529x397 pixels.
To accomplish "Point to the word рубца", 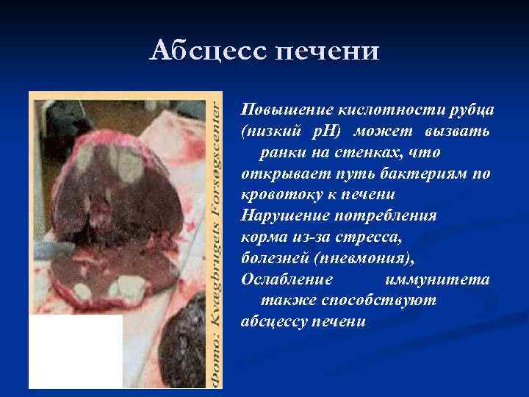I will click(x=471, y=110).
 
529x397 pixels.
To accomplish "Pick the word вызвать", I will click(x=464, y=131).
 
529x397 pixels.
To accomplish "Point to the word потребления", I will click(x=389, y=216).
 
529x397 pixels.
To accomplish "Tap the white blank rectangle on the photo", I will click(x=76, y=351).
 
